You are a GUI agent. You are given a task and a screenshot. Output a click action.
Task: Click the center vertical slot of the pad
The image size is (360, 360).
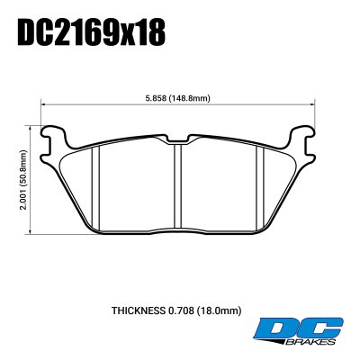click(180, 184)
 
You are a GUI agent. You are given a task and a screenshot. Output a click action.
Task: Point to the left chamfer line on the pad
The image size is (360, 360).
click(99, 184)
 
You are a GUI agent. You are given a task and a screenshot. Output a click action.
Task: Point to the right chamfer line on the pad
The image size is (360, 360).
click(261, 184)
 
